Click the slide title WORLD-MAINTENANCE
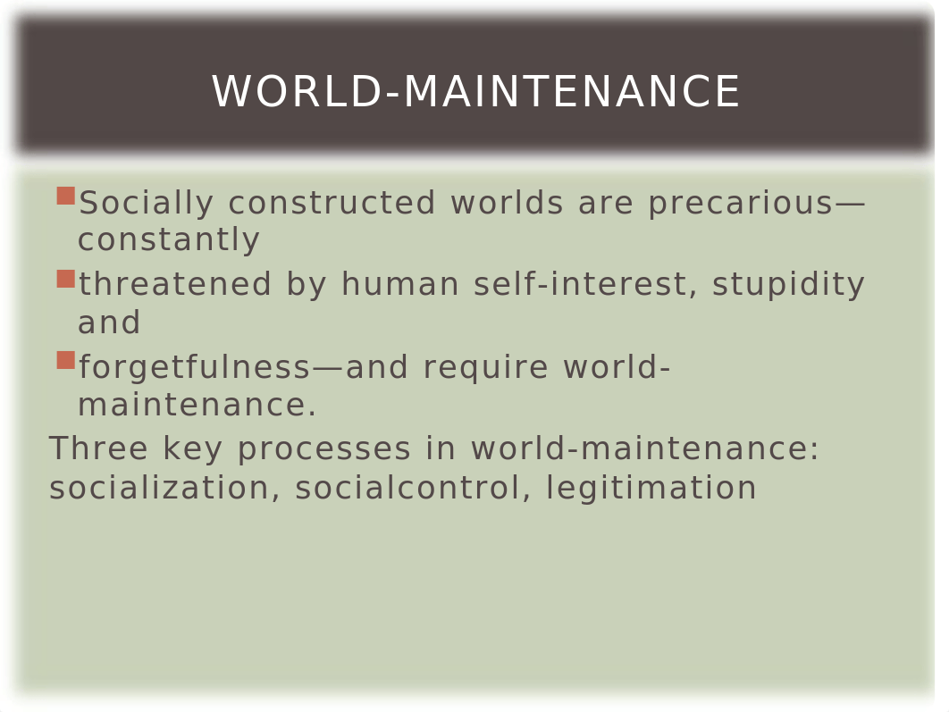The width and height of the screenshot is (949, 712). click(x=475, y=92)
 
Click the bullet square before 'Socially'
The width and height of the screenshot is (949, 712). click(x=65, y=196)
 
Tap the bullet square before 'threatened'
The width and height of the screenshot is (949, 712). click(x=65, y=279)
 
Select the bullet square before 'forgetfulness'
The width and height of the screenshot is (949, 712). click(x=65, y=360)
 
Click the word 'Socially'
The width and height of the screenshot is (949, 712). click(x=146, y=204)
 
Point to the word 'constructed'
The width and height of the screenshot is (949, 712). click(x=332, y=203)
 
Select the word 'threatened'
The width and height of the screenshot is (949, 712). click(x=174, y=284)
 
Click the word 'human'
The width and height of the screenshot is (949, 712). click(x=400, y=284)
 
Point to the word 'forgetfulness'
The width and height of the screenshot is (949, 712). click(x=194, y=367)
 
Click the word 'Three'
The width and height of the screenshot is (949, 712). click(x=98, y=448)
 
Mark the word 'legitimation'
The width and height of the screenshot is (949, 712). click(x=651, y=489)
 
